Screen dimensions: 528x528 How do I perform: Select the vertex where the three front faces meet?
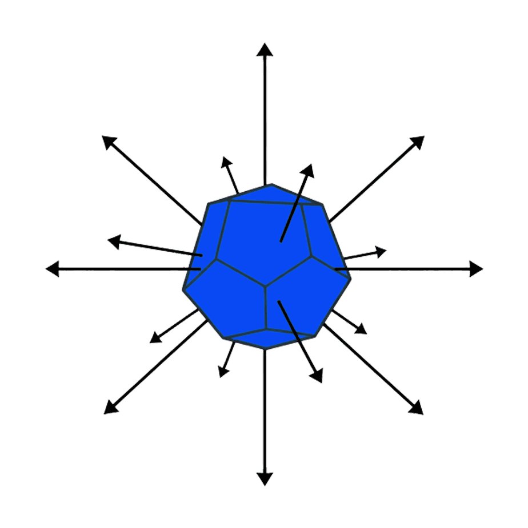point(265,285)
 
